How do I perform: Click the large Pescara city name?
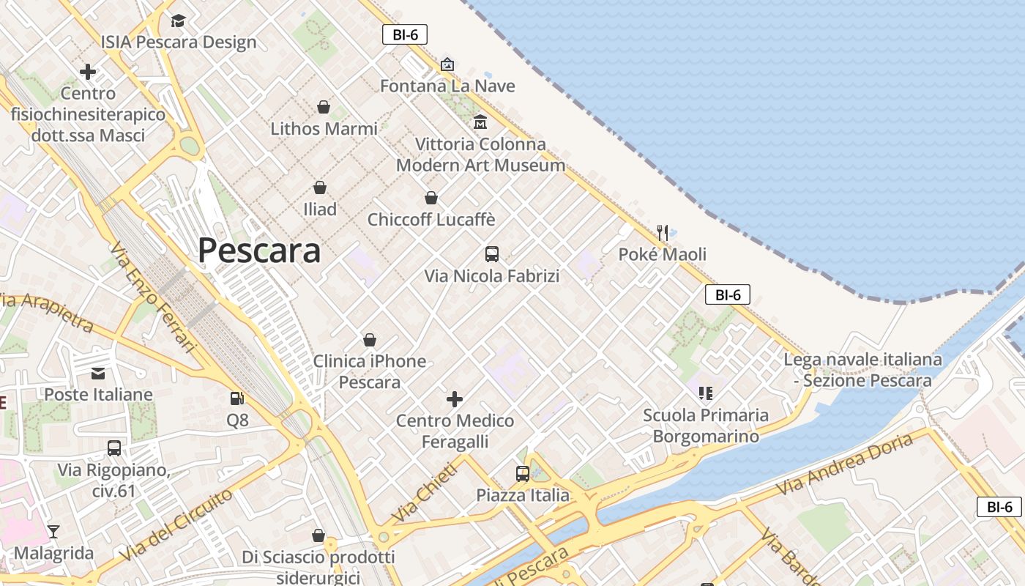tap(259, 251)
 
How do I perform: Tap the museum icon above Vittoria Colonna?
tap(480, 122)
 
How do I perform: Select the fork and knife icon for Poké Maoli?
tap(663, 233)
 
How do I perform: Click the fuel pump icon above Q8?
tap(237, 398)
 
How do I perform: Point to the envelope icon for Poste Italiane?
tap(98, 374)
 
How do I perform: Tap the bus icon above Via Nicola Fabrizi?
tap(492, 254)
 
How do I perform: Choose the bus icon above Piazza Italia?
tap(522, 473)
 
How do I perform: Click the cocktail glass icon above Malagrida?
tap(53, 531)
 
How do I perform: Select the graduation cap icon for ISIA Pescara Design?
tap(179, 21)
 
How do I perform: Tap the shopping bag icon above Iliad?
tap(320, 188)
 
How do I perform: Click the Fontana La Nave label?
tap(447, 86)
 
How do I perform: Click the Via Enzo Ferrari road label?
tap(154, 297)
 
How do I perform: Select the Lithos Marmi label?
tap(324, 129)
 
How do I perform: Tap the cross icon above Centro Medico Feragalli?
tap(455, 399)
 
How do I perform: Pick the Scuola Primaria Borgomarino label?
tap(706, 426)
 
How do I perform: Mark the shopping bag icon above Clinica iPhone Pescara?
tap(370, 340)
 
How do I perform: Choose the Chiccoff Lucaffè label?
tap(431, 220)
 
